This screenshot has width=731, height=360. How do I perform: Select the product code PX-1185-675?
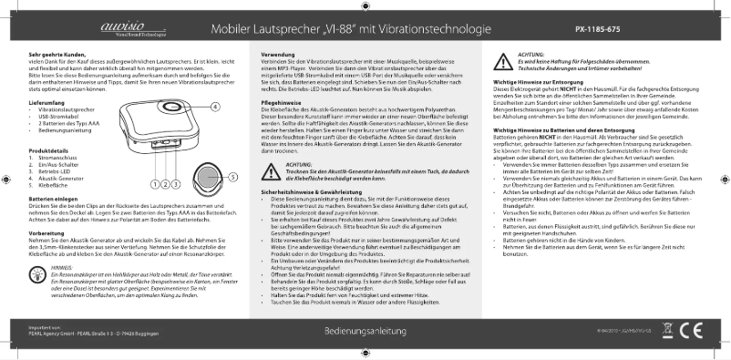click(598, 29)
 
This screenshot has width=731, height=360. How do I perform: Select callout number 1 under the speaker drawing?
click(154, 184)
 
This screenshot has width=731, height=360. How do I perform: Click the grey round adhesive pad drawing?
click(207, 176)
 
